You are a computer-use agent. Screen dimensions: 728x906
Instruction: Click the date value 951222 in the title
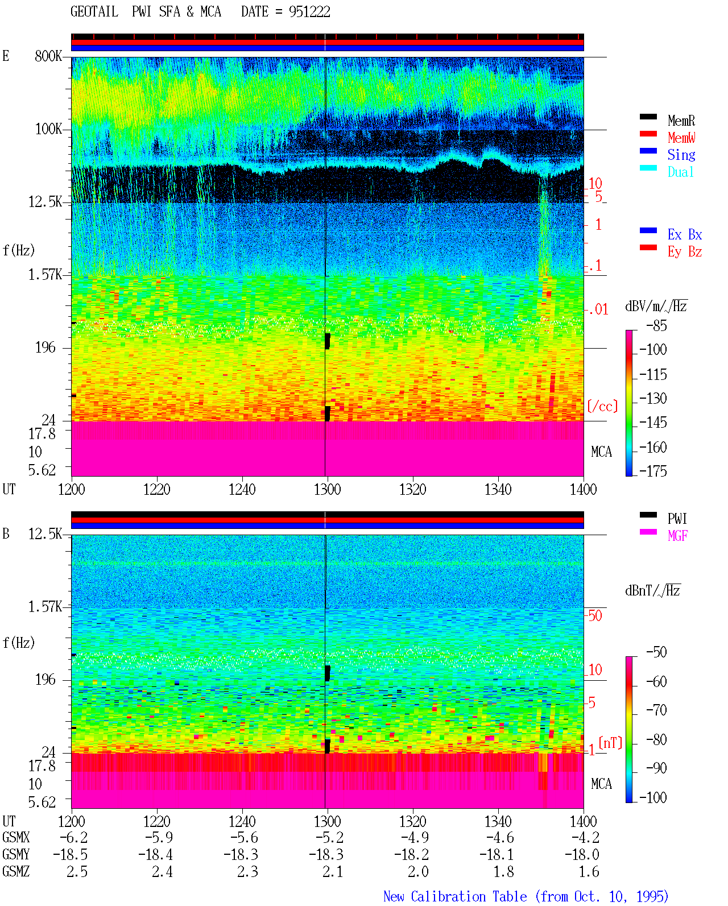pyautogui.click(x=309, y=12)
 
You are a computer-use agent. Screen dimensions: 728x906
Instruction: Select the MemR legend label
pyautogui.click(x=681, y=121)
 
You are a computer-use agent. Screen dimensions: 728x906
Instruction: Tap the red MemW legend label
pyautogui.click(x=681, y=138)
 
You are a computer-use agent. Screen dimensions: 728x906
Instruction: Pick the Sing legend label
pyautogui.click(x=681, y=155)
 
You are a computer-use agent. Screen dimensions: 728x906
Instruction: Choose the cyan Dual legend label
pyautogui.click(x=681, y=172)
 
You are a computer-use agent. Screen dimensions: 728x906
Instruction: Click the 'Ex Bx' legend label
pyautogui.click(x=685, y=234)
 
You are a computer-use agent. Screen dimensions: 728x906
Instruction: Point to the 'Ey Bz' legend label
pyautogui.click(x=685, y=252)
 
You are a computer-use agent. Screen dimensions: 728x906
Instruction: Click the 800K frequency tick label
pyautogui.click(x=48, y=56)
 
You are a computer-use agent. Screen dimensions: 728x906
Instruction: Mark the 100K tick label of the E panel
pyautogui.click(x=48, y=129)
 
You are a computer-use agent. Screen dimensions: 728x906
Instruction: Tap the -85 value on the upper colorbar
pyautogui.click(x=656, y=325)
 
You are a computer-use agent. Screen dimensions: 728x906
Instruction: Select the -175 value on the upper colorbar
pyautogui.click(x=653, y=471)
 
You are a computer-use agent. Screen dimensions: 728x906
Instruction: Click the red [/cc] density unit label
pyautogui.click(x=602, y=406)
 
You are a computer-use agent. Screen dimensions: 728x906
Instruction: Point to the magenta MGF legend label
pyautogui.click(x=677, y=536)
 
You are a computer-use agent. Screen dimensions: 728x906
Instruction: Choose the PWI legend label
pyautogui.click(x=677, y=519)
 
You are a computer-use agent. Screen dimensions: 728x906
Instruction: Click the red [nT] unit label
pyautogui.click(x=610, y=743)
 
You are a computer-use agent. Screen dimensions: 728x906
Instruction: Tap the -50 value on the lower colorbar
pyautogui.click(x=656, y=652)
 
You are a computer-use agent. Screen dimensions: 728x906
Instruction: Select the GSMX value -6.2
pyautogui.click(x=74, y=838)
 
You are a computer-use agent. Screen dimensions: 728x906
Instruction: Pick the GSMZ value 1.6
pyautogui.click(x=589, y=871)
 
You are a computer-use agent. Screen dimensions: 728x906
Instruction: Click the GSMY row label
pyautogui.click(x=16, y=855)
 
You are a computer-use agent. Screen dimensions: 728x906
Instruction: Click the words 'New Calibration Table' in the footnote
pyautogui.click(x=455, y=897)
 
